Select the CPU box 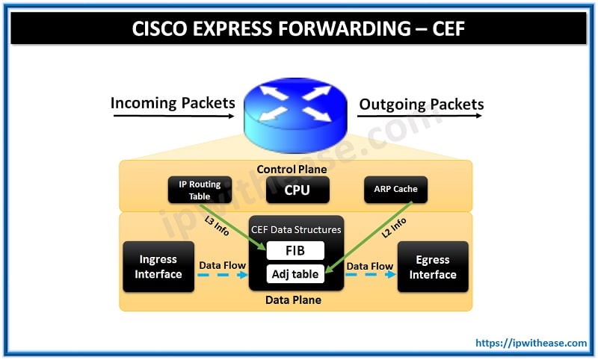[298, 190]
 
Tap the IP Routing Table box [200, 190]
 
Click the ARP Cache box [395, 190]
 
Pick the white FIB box [296, 250]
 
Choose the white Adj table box [296, 274]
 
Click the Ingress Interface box [158, 267]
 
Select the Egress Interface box [432, 267]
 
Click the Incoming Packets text [173, 103]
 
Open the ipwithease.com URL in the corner [531, 343]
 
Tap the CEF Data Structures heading [296, 229]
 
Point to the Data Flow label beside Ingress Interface [222, 265]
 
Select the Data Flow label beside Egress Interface [370, 265]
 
